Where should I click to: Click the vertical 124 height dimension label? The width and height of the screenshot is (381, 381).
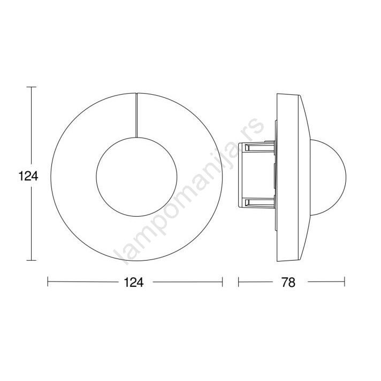click(x=28, y=177)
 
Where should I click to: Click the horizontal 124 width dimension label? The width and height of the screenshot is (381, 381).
click(x=134, y=283)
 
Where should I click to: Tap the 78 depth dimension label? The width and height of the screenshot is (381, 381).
click(x=288, y=283)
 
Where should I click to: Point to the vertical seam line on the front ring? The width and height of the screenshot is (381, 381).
click(x=136, y=115)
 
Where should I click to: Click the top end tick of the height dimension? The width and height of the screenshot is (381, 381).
click(x=32, y=87)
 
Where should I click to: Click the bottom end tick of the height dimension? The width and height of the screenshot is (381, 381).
click(x=32, y=261)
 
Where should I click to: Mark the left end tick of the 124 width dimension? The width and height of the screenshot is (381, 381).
click(x=48, y=282)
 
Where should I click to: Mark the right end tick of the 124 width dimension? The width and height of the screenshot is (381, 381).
click(x=222, y=282)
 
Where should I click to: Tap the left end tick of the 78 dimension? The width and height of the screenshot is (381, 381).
click(x=238, y=282)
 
